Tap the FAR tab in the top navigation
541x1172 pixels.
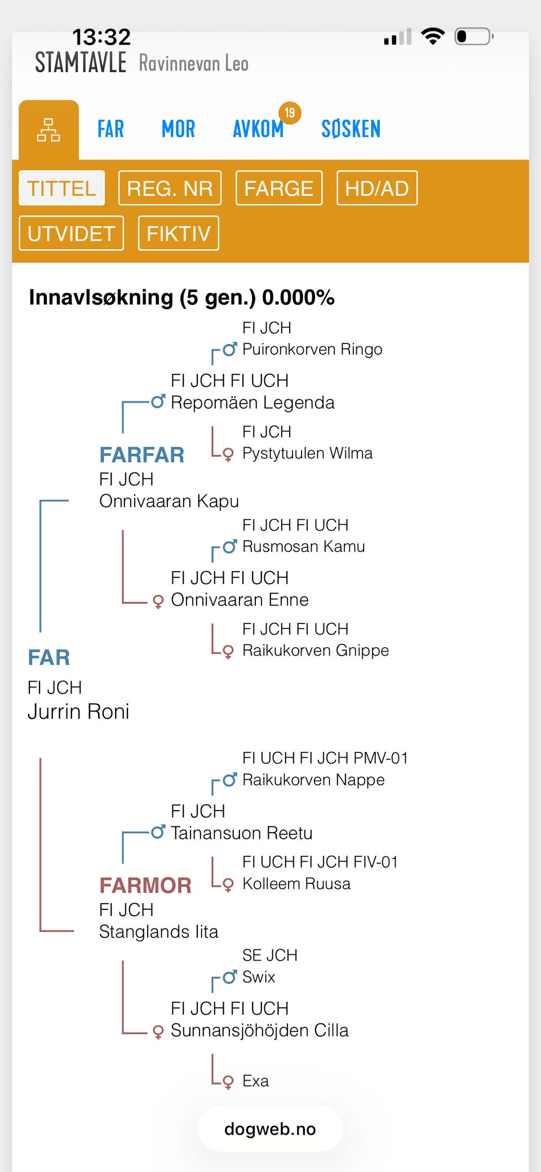(110, 129)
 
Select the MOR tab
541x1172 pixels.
(178, 129)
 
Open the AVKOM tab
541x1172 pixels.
(258, 129)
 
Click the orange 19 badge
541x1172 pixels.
(290, 113)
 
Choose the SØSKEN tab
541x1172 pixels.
(351, 129)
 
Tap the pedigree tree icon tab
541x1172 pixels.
(48, 130)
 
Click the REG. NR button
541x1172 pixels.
(170, 188)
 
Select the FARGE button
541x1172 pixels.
(278, 188)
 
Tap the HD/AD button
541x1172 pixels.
(376, 188)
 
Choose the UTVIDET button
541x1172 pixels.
(72, 233)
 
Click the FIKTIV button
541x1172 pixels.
(178, 233)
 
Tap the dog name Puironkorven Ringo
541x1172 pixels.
(312, 350)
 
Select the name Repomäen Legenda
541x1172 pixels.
(252, 403)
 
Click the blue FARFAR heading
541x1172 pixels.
(142, 455)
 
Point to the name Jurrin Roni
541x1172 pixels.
(78, 711)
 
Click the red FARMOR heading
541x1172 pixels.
(145, 886)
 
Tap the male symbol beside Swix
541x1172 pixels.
(229, 976)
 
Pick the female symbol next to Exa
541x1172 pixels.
(228, 1082)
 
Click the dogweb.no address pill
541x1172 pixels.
(270, 1129)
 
